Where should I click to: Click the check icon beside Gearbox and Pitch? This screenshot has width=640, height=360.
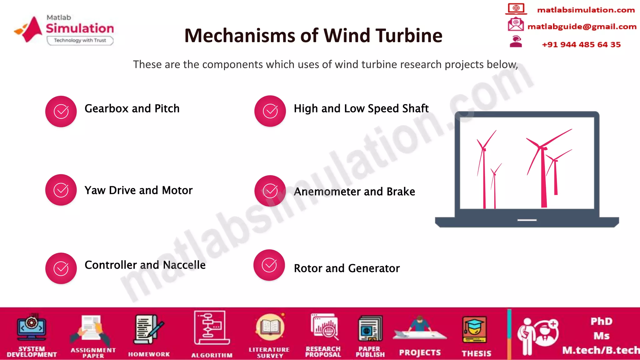click(x=61, y=111)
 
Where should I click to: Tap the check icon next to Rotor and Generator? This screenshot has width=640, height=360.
click(x=269, y=265)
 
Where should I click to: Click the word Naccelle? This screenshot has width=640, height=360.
click(x=184, y=265)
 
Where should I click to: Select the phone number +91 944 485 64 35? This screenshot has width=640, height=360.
click(x=581, y=44)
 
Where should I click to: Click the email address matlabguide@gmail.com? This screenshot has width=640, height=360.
click(x=582, y=27)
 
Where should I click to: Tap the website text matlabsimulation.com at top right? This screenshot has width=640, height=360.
click(x=586, y=10)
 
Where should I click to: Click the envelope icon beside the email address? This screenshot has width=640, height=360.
click(x=516, y=24)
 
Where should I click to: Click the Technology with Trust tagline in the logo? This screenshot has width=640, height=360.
click(x=80, y=40)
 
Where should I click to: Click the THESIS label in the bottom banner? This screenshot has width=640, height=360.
click(x=476, y=353)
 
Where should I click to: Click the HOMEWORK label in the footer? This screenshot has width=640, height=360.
click(x=149, y=354)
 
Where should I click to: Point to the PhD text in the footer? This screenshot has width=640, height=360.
click(x=601, y=321)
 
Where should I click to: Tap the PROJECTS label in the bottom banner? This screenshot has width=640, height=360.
click(x=420, y=353)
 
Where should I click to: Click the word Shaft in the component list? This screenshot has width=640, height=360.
click(x=415, y=108)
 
